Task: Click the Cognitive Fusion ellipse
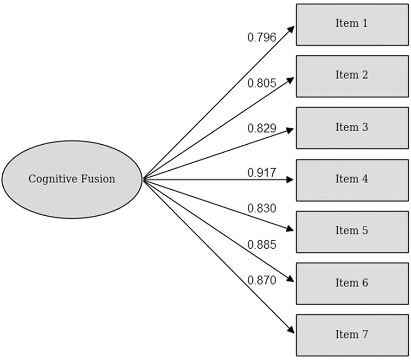(72, 180)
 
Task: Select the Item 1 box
(352, 25)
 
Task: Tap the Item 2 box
(352, 76)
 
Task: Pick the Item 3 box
(352, 128)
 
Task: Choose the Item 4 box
(352, 180)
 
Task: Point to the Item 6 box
(352, 283)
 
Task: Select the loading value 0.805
(262, 84)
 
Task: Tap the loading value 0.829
(262, 129)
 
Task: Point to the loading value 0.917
(262, 173)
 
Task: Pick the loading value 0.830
(262, 209)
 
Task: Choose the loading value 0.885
(262, 244)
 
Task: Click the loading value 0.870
(262, 280)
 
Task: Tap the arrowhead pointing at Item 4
(290, 180)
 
